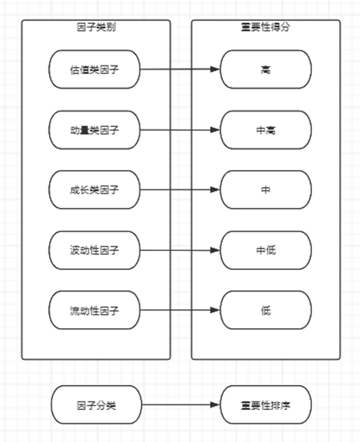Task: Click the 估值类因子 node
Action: tap(94, 69)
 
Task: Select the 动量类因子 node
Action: tap(94, 130)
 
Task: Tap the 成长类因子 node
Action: tap(94, 189)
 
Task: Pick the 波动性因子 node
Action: tap(94, 250)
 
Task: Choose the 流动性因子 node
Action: tap(94, 310)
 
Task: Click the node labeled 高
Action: tap(266, 69)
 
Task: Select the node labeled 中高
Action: tap(266, 130)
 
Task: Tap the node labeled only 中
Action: tap(266, 189)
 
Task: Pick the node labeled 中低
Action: tap(266, 250)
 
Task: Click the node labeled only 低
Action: tap(266, 310)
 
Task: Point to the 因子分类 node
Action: tap(97, 405)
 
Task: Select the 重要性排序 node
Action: tap(266, 405)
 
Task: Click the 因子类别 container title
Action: tap(97, 27)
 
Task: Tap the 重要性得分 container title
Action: tap(266, 27)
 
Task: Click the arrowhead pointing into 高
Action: tap(215, 69)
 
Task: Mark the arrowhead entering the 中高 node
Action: tap(215, 130)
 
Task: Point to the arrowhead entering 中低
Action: tap(215, 250)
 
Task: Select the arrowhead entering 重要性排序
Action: tap(215, 405)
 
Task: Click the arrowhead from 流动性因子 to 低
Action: tap(215, 310)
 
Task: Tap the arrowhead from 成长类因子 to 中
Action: tap(215, 189)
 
